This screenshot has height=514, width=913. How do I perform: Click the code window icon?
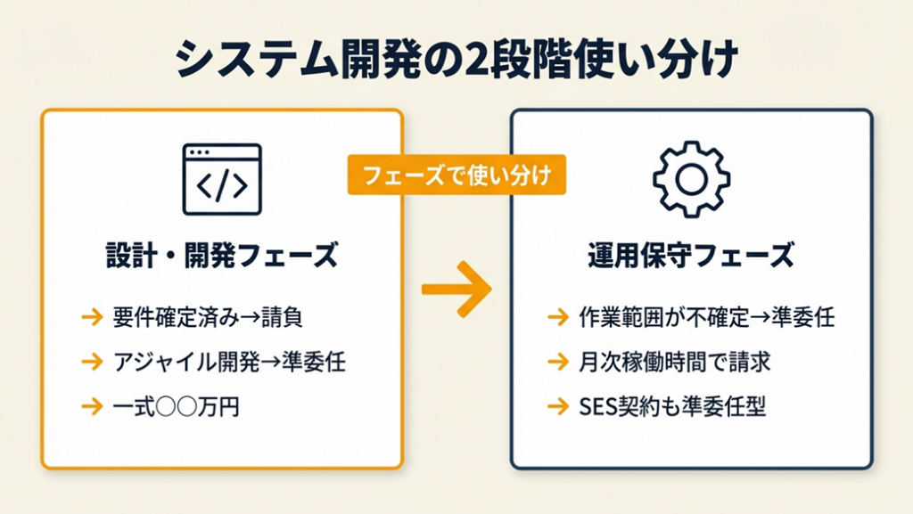(x=221, y=179)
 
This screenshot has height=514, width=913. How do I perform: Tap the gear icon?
(x=691, y=179)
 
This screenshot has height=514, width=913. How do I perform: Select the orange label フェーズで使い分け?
(x=456, y=176)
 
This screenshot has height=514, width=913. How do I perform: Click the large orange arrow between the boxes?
(x=456, y=290)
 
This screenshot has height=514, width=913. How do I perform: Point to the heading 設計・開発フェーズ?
(x=221, y=257)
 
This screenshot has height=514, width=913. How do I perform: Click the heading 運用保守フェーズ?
(x=691, y=257)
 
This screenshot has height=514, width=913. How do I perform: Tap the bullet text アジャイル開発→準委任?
(x=229, y=362)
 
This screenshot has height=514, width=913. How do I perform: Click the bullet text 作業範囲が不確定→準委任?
(x=705, y=316)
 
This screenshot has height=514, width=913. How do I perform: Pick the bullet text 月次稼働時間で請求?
(x=672, y=362)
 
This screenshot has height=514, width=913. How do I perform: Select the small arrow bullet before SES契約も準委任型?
(x=558, y=407)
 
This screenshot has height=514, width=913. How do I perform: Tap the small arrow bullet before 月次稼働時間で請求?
(x=558, y=362)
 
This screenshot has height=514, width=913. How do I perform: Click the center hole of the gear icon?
(x=691, y=179)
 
